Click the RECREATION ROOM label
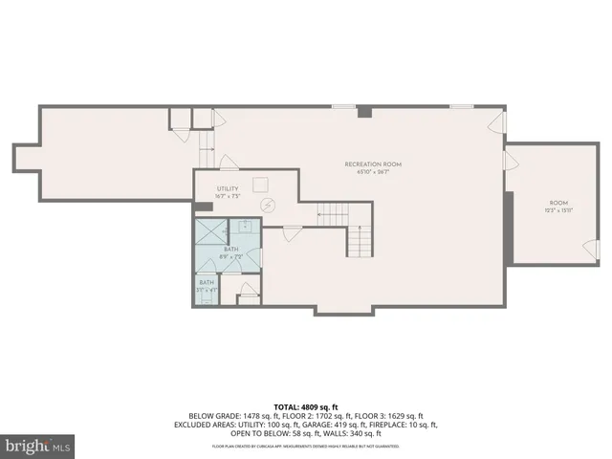pos(373,164)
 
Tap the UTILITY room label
pos(227,190)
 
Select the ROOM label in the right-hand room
pos(558,203)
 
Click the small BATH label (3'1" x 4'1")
pos(207,282)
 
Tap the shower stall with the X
pos(211,230)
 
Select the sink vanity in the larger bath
pos(245,227)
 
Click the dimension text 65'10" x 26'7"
pos(373,172)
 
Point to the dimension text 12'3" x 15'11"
pos(558,210)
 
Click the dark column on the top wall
pos(363,112)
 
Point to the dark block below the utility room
pos(203,207)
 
